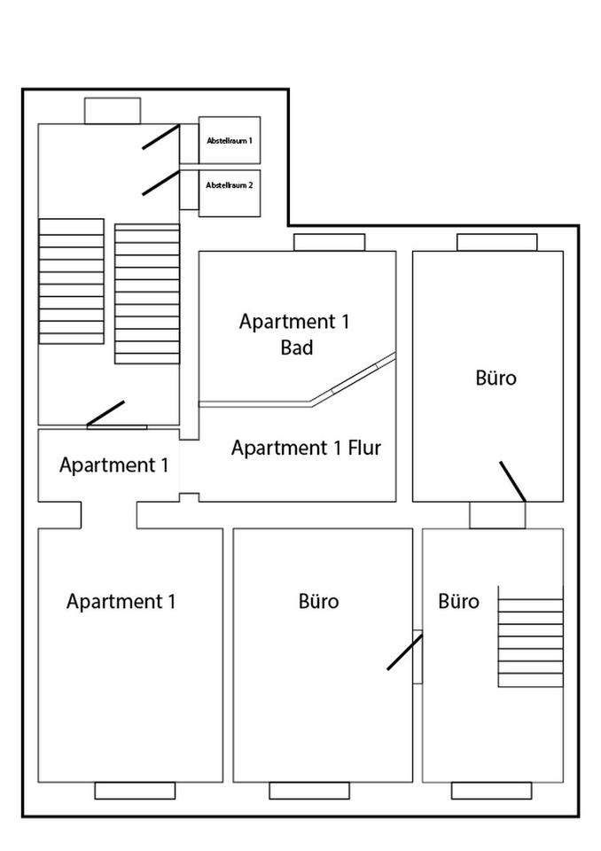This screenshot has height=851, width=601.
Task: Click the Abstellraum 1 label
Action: click(x=230, y=140)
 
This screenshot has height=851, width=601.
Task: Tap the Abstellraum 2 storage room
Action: click(x=230, y=193)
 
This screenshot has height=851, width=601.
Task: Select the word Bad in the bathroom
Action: click(x=297, y=348)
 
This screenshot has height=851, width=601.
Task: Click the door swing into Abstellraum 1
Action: click(x=160, y=137)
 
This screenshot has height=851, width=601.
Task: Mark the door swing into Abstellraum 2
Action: click(x=160, y=183)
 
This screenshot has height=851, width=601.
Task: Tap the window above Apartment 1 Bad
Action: click(x=329, y=242)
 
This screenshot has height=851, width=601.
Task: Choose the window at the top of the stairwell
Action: click(x=113, y=111)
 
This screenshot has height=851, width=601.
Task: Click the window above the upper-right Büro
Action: click(x=496, y=242)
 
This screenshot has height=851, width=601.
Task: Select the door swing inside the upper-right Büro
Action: click(x=512, y=481)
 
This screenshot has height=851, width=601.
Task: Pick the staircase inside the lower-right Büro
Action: click(x=530, y=636)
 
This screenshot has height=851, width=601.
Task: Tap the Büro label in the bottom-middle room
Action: click(x=319, y=602)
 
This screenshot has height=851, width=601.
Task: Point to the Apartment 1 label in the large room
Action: click(x=121, y=602)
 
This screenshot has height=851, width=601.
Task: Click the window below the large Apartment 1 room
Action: click(x=135, y=791)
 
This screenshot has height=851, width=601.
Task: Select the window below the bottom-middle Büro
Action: click(x=309, y=791)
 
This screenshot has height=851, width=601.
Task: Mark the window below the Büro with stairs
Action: click(x=491, y=791)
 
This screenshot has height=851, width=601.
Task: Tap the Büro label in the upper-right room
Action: click(x=496, y=379)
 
